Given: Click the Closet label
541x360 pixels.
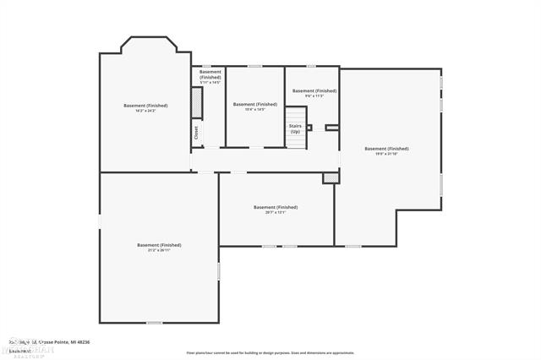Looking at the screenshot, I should point(197,134).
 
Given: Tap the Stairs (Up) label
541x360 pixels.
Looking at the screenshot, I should point(295,128).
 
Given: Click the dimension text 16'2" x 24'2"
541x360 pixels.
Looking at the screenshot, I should point(145,111).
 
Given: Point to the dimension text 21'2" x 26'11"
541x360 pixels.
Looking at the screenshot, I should point(159,250).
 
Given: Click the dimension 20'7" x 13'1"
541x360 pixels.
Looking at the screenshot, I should point(275,212).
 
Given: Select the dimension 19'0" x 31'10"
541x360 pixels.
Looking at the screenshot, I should point(386,154).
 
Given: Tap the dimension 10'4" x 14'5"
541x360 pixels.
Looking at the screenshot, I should point(255,109).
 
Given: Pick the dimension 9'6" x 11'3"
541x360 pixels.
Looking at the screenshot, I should point(314,95).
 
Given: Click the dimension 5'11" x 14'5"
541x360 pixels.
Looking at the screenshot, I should point(210,82).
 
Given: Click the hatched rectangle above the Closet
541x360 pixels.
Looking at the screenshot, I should point(197,104).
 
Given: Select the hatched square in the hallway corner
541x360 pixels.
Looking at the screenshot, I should point(329,178).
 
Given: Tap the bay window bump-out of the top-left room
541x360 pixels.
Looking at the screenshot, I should point(145,45).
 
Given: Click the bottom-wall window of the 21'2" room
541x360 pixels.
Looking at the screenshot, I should point(154,322).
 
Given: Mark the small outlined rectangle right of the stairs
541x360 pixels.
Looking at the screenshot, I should point(331,128).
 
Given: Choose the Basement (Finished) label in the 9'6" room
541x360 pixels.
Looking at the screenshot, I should point(314,90).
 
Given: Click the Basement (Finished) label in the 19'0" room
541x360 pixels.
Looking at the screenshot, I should point(386,149).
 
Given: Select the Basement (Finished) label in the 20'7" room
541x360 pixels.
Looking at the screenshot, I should point(275,207).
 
